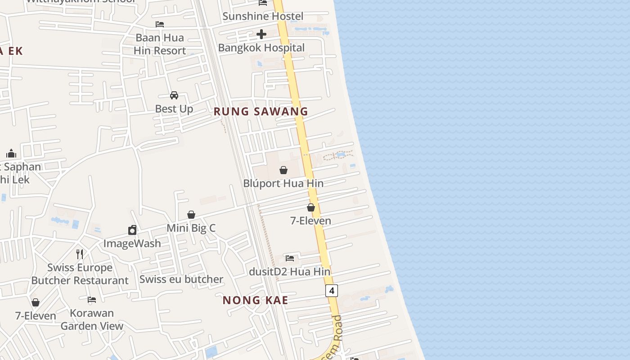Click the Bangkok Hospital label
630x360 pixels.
tap(261, 48)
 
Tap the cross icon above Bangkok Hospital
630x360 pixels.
tap(261, 34)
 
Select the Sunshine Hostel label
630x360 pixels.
tap(263, 17)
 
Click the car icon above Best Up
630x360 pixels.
tap(174, 95)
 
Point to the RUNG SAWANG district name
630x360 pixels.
tap(261, 112)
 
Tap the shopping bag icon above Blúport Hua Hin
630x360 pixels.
tap(283, 170)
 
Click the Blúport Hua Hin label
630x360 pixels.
tap(283, 184)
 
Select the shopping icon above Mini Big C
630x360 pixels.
tap(191, 215)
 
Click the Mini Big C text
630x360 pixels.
tap(191, 228)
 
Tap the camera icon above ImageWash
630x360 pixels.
tap(132, 230)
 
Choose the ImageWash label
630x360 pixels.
tap(132, 243)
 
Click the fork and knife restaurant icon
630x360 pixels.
tap(80, 254)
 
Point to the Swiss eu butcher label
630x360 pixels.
tap(181, 279)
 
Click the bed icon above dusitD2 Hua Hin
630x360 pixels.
tap(290, 258)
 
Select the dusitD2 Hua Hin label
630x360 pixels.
tap(290, 272)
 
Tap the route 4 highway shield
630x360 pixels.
tap(332, 291)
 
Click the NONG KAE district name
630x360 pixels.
tap(256, 300)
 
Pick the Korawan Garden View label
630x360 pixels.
tap(92, 319)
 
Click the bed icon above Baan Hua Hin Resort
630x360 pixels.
tap(160, 24)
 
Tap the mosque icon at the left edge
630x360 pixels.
tap(11, 153)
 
